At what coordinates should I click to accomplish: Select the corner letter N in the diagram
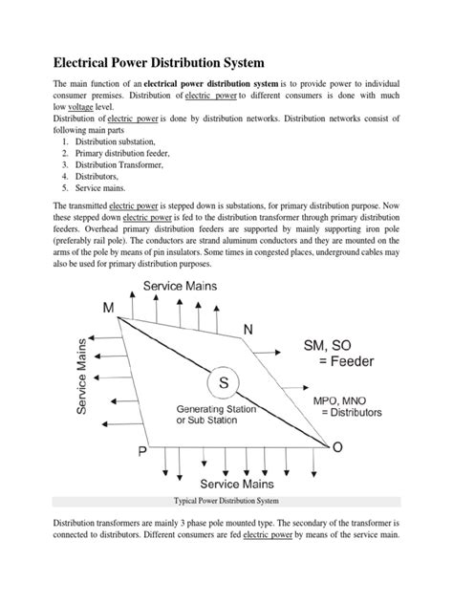(x=248, y=329)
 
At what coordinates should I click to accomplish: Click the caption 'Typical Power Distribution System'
(x=226, y=501)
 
